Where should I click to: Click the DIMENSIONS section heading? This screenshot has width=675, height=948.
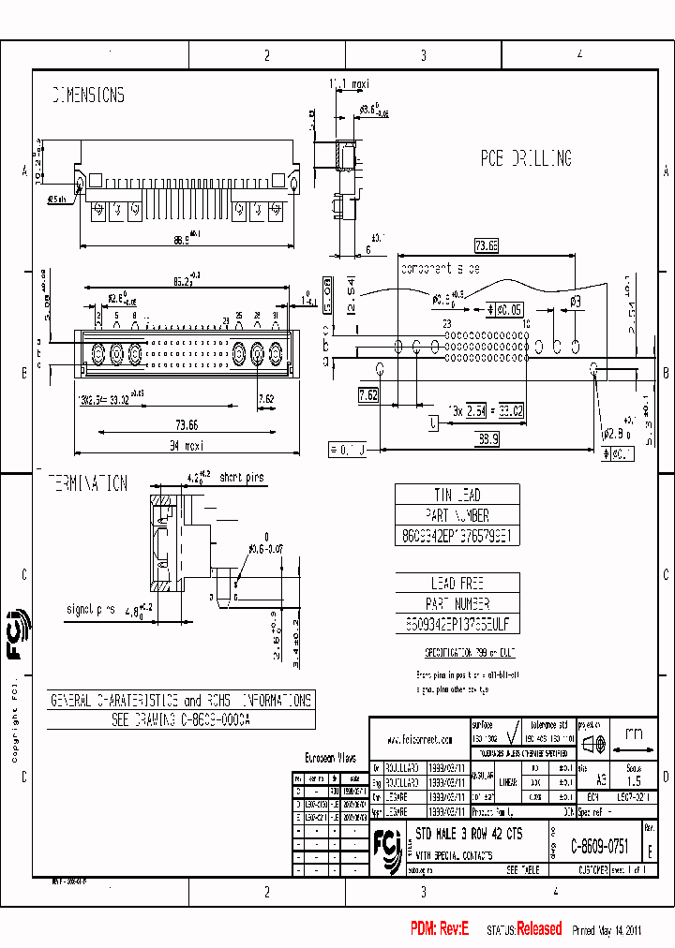tap(88, 96)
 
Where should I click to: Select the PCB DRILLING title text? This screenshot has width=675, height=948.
tap(526, 159)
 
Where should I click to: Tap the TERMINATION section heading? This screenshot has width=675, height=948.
tap(88, 483)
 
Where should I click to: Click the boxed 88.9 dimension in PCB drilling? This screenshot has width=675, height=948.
tap(487, 437)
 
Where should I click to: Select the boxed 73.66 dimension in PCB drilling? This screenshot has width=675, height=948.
tap(486, 246)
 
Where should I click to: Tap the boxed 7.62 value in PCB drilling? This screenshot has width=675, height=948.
tap(369, 396)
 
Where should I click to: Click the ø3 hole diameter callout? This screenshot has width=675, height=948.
tap(577, 301)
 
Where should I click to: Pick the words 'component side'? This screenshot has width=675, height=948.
tap(440, 269)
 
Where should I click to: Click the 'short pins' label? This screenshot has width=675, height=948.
tap(242, 478)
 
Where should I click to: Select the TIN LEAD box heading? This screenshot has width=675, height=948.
tap(457, 495)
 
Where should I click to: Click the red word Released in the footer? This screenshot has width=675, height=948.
tap(539, 929)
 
